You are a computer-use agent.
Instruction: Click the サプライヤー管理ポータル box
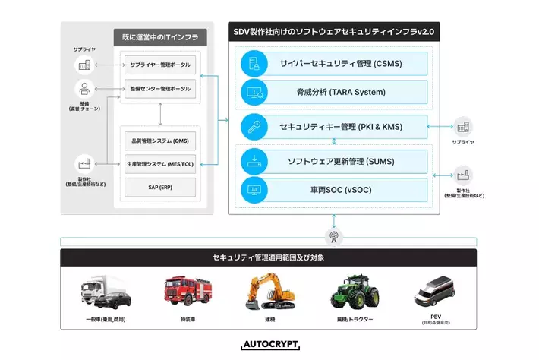tap(159, 63)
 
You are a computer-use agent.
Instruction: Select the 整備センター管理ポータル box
tap(159, 90)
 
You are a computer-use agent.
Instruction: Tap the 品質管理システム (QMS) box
tap(159, 141)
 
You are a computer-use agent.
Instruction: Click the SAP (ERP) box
tap(159, 185)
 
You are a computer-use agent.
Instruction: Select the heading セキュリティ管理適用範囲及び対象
tap(269, 258)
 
